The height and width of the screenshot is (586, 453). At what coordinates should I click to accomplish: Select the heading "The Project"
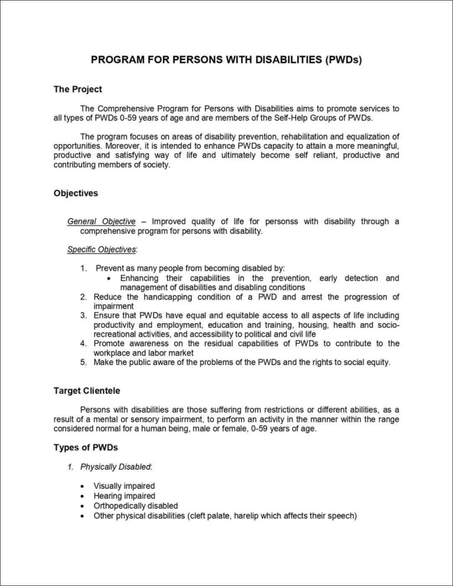click(77, 90)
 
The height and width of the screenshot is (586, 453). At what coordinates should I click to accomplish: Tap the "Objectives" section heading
click(75, 193)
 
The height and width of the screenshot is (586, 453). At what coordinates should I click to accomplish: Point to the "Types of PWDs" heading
click(81, 448)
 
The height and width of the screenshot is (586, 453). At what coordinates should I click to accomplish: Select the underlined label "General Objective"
click(101, 222)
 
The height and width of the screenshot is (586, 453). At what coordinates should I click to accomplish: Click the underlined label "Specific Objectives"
click(101, 250)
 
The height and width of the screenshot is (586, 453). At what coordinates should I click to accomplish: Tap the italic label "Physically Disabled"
click(116, 467)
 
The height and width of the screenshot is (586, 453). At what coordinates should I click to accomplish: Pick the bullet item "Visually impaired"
click(124, 486)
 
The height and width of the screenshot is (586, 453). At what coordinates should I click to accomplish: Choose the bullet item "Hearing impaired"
click(124, 496)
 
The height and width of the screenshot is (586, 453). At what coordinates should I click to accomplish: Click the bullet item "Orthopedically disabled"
click(136, 506)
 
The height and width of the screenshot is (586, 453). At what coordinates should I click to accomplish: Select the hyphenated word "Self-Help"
click(284, 118)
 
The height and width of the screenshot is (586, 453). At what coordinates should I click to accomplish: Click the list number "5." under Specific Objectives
click(84, 363)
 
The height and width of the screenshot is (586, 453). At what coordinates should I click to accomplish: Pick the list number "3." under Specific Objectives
click(84, 315)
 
